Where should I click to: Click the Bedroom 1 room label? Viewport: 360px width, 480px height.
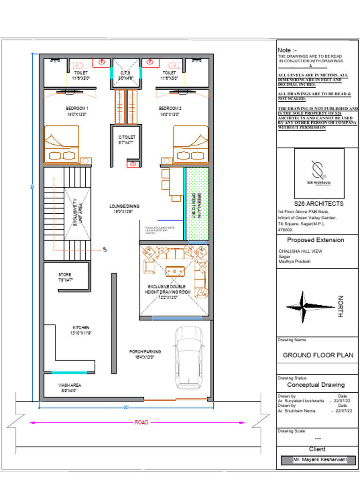pyautogui.click(x=77, y=108)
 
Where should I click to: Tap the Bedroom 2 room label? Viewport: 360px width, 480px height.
pyautogui.click(x=171, y=108)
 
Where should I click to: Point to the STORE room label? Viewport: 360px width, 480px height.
pyautogui.click(x=65, y=274)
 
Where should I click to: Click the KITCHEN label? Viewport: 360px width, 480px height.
pyautogui.click(x=81, y=327)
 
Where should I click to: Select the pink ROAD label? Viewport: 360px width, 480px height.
pyautogui.click(x=141, y=422)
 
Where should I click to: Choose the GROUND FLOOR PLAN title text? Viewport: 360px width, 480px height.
pyautogui.click(x=318, y=355)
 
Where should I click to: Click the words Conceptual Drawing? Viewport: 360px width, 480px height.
pyautogui.click(x=315, y=385)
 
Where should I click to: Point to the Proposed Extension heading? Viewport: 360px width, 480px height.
pyautogui.click(x=315, y=240)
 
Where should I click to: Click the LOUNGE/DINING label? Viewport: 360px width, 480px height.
pyautogui.click(x=124, y=206)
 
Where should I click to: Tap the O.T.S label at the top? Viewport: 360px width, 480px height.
pyautogui.click(x=125, y=73)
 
